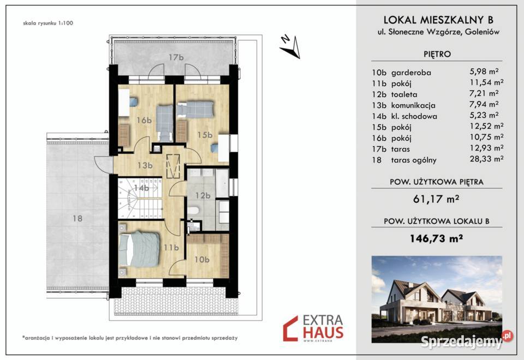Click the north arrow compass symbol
click(290, 47)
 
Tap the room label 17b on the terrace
click(176, 57)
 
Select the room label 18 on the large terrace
click(77, 218)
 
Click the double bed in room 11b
click(139, 249)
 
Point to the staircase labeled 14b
click(140, 198)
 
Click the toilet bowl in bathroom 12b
click(193, 211)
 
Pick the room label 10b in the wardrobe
click(202, 259)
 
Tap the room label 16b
click(144, 120)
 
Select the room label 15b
click(205, 135)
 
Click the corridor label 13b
click(145, 165)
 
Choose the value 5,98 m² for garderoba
click(484, 71)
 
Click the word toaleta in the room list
click(404, 94)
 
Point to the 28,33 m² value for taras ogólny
click(486, 159)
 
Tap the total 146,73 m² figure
click(437, 238)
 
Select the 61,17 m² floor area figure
click(436, 199)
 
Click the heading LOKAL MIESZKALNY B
click(438, 20)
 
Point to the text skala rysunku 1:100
click(48, 23)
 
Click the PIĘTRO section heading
click(437, 54)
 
